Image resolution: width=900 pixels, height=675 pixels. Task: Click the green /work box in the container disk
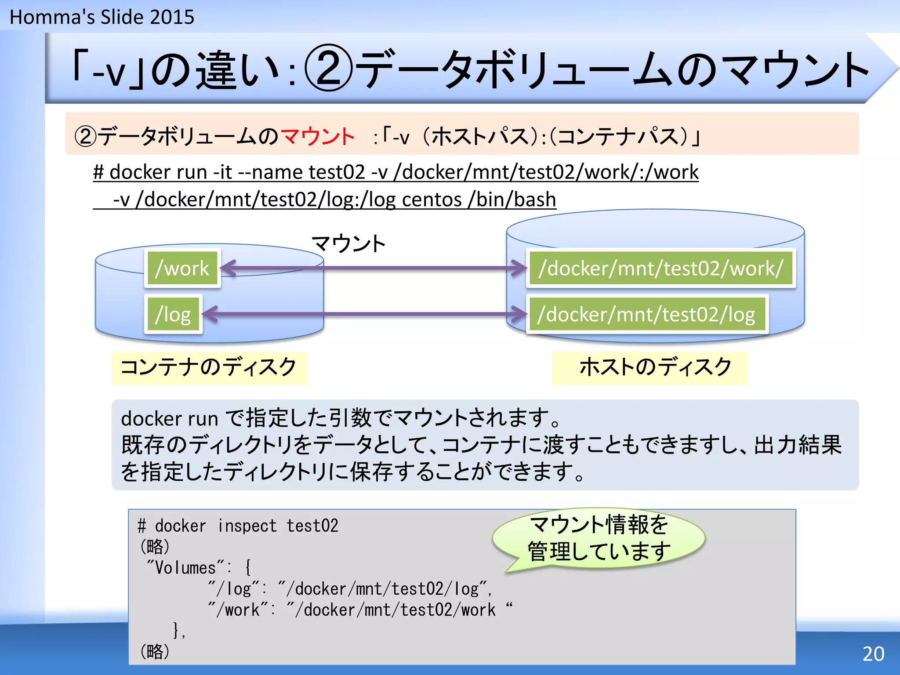pyautogui.click(x=182, y=269)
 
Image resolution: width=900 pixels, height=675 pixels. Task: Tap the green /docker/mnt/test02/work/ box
pyautogui.click(x=661, y=269)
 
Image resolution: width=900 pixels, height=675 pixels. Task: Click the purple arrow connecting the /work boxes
pyautogui.click(x=374, y=268)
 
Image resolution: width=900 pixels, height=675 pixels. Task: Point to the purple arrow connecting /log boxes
pyautogui.click(x=365, y=314)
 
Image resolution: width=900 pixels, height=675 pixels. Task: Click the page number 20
pyautogui.click(x=873, y=654)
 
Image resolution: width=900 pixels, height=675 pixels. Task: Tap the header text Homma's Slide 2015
pyautogui.click(x=102, y=17)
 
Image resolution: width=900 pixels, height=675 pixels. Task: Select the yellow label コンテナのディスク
pyautogui.click(x=209, y=367)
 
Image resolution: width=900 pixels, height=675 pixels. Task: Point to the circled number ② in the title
pyautogui.click(x=329, y=68)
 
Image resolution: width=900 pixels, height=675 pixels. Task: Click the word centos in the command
pyautogui.click(x=432, y=200)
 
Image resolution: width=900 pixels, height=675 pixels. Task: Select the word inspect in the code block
pyautogui.click(x=247, y=526)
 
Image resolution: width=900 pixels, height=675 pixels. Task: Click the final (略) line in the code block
pyautogui.click(x=155, y=651)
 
